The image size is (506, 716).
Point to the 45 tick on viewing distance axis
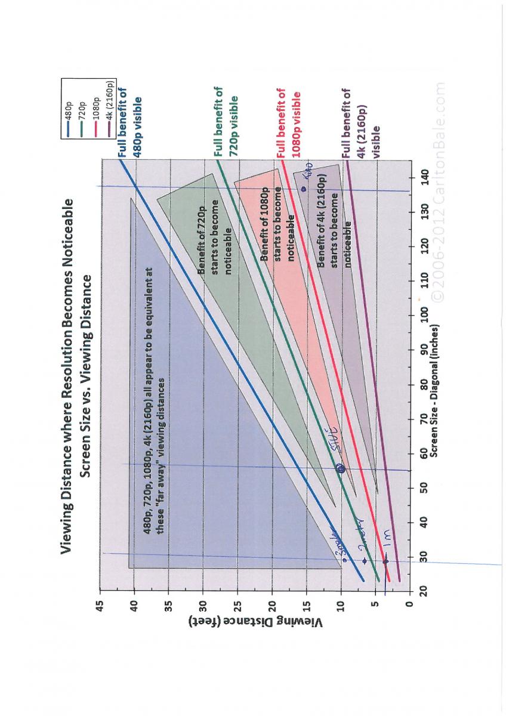(99, 606)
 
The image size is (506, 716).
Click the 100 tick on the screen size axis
(423, 314)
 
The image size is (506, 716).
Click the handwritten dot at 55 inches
(341, 469)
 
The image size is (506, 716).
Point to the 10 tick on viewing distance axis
(341, 606)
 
